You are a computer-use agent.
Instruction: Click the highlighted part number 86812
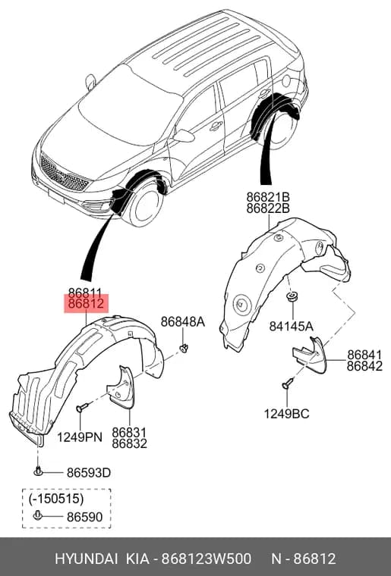click(87, 304)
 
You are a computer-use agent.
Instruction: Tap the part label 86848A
click(183, 322)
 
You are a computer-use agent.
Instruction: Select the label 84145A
click(292, 326)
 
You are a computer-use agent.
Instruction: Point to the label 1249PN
click(80, 437)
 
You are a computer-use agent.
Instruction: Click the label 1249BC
click(286, 414)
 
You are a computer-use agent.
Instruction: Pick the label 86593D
click(89, 472)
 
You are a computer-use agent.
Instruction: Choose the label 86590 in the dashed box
click(84, 517)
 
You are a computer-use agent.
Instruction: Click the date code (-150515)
click(56, 499)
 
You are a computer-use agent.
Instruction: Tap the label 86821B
click(268, 197)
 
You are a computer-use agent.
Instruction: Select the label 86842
click(365, 366)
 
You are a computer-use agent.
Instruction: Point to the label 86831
click(129, 432)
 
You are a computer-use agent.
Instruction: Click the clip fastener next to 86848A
click(184, 347)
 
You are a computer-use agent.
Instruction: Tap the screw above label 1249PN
click(82, 407)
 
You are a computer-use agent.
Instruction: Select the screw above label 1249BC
click(288, 383)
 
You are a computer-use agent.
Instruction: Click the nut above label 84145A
click(293, 296)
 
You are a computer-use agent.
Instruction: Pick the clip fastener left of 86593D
click(38, 471)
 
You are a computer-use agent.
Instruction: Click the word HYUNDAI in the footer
click(86, 559)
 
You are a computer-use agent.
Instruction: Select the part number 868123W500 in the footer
click(207, 559)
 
